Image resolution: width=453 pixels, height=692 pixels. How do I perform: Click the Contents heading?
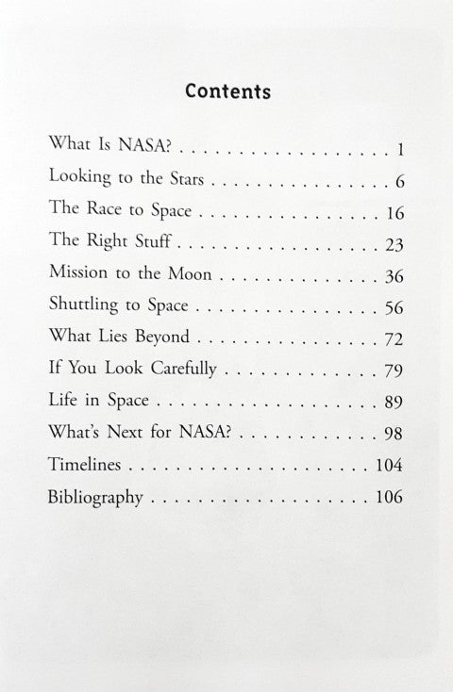227,91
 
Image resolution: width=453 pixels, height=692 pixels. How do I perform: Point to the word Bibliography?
95,497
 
